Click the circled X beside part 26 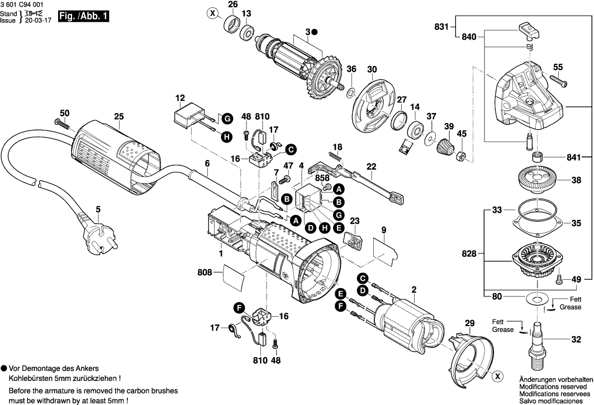(x=212, y=12)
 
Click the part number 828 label (x=469, y=254)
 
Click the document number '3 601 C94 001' (x=23, y=4)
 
